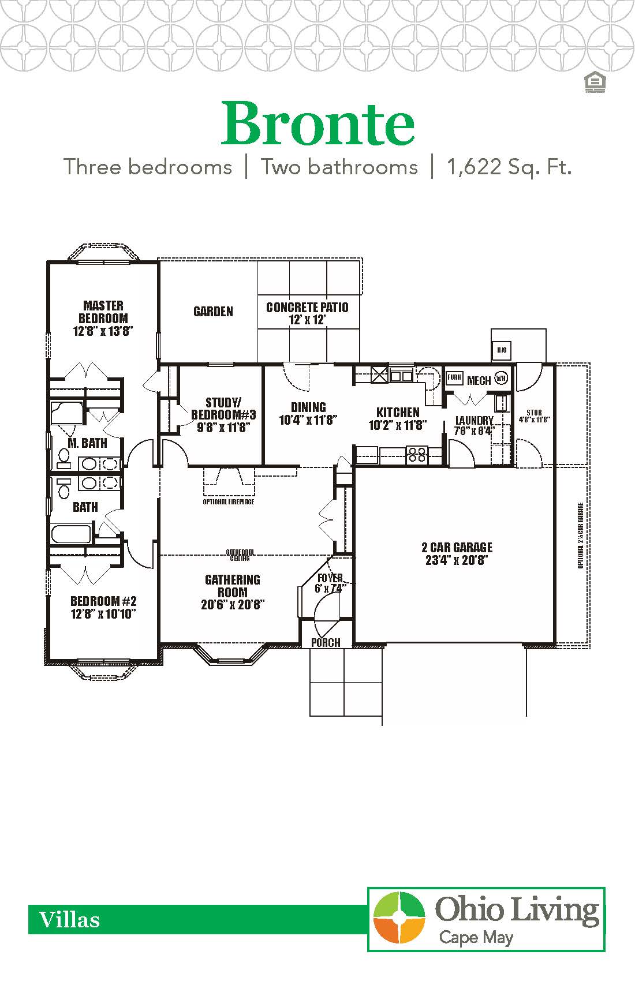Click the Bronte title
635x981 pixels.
pos(318,123)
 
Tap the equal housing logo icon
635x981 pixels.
pos(594,83)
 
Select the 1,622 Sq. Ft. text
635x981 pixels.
pos(509,167)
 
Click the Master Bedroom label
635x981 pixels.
pos(103,318)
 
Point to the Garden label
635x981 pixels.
pos(213,312)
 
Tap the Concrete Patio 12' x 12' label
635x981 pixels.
pos(307,313)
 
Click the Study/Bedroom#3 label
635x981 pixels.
pos(223,414)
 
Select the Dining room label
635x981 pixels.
pos(308,413)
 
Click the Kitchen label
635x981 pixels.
pos(398,419)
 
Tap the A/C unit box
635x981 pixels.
pos(501,350)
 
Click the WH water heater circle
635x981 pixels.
pos(500,379)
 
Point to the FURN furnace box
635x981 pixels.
pos(454,379)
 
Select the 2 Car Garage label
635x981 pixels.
pos(457,553)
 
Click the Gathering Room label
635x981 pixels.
pos(233,591)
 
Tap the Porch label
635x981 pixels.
pos(326,642)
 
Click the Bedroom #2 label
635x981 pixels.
pos(103,607)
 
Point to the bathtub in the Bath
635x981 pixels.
pos(71,534)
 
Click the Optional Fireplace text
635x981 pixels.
pos(229,502)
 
